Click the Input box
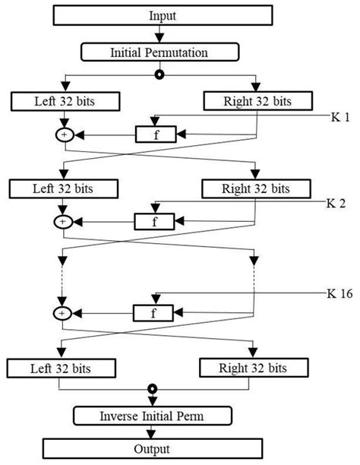click(x=160, y=15)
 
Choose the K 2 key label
click(x=336, y=204)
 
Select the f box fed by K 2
click(x=155, y=222)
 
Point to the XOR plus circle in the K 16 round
click(x=62, y=312)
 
